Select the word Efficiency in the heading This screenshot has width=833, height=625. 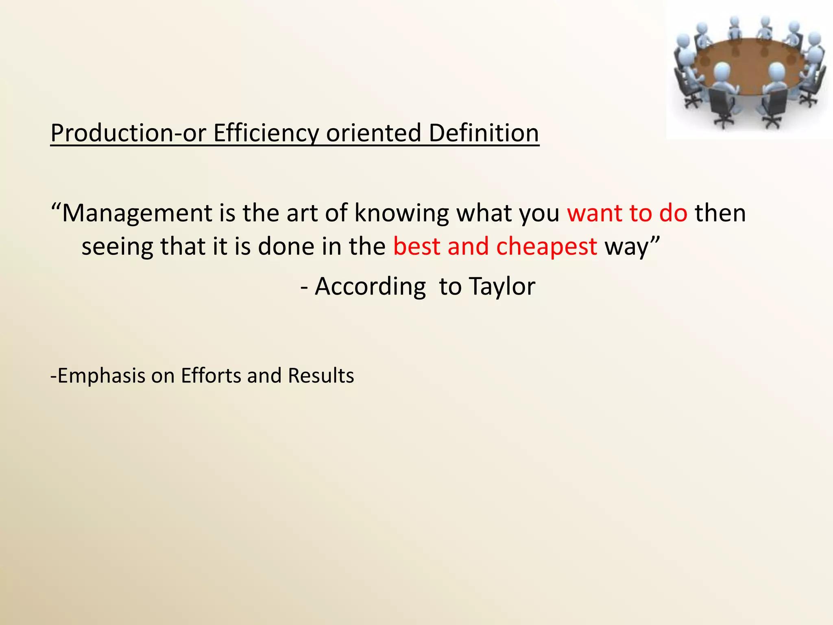pyautogui.click(x=266, y=133)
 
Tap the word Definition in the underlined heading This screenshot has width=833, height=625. pyautogui.click(x=484, y=133)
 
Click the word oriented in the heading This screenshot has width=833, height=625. pyautogui.click(x=373, y=133)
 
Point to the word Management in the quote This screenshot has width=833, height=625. pyautogui.click(x=137, y=213)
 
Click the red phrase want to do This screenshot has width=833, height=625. pyautogui.click(x=627, y=213)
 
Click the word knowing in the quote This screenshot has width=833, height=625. pyautogui.click(x=401, y=213)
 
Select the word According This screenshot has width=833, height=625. pyautogui.click(x=370, y=286)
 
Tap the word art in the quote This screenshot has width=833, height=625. pyautogui.click(x=302, y=213)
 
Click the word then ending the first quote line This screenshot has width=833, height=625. pyautogui.click(x=720, y=213)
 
